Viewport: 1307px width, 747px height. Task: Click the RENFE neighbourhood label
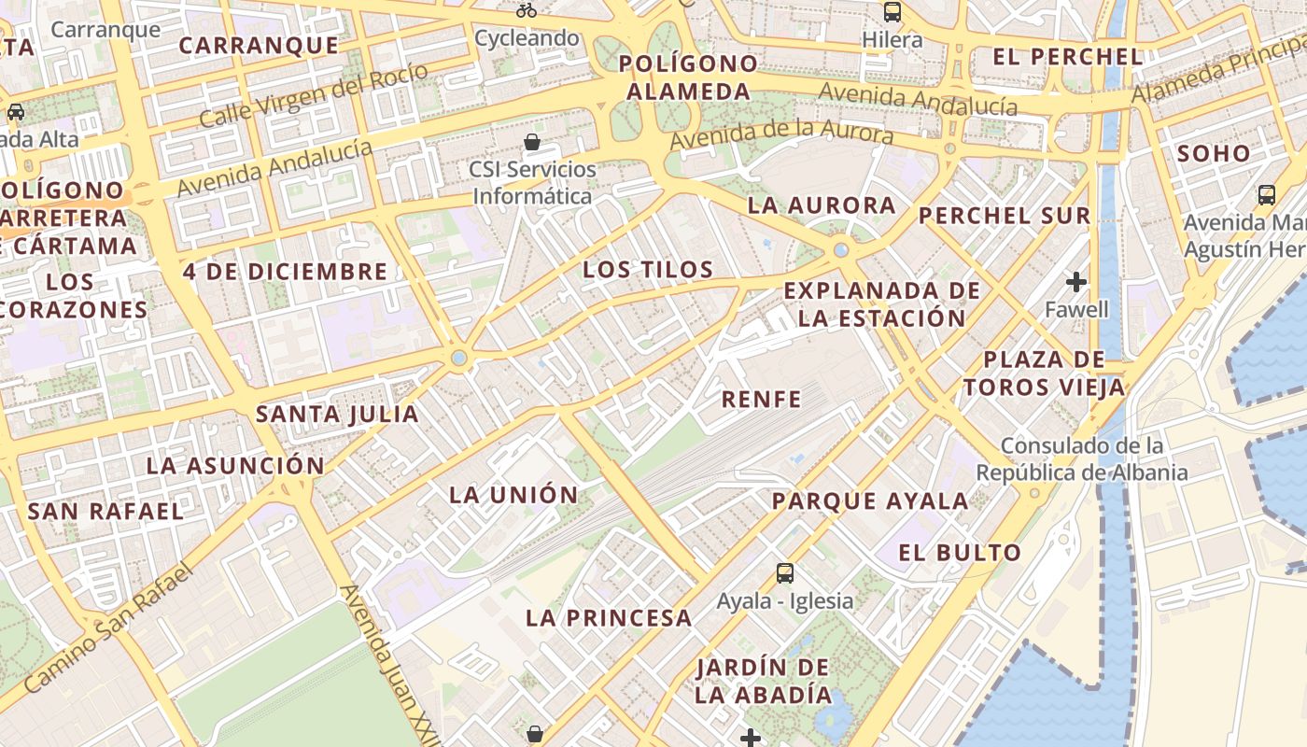762,400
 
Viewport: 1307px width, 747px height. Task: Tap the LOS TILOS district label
648,270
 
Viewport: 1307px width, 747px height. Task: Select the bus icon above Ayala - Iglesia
785,572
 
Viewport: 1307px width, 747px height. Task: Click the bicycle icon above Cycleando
527,10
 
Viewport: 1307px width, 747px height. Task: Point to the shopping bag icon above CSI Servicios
532,142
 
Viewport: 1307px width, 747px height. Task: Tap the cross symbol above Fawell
1076,281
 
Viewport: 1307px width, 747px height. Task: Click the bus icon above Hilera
892,12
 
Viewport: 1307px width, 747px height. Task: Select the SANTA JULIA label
337,414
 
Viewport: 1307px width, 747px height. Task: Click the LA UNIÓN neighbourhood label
513,495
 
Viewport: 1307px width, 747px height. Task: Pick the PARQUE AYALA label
870,501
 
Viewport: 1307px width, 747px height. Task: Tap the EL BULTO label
960,553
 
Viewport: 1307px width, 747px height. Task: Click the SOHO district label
1214,154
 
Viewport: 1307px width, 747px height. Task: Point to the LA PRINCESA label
609,618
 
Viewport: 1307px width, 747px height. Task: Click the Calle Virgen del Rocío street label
314,95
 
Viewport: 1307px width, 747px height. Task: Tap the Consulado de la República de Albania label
1082,458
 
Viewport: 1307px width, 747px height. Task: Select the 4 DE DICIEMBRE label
285,273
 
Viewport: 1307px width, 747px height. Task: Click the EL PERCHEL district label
1067,57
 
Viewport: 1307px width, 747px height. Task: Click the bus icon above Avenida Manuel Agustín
1266,194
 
